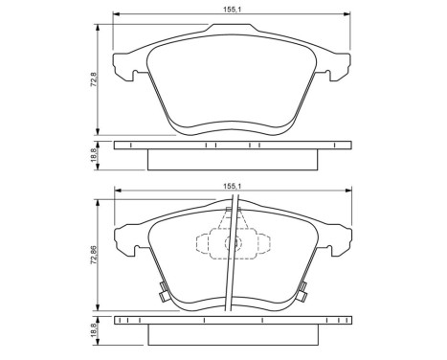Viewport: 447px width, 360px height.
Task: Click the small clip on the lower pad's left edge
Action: pos(164,293)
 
